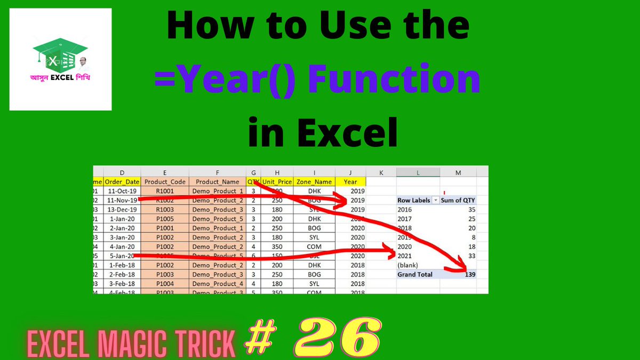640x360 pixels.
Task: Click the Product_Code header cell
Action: point(164,181)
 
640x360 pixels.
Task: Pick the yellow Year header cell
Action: point(351,181)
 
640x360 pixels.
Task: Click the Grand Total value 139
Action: point(469,274)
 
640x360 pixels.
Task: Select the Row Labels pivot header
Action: point(414,201)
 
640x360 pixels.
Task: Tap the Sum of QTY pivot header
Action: point(458,201)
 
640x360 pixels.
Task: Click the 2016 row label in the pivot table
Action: point(405,210)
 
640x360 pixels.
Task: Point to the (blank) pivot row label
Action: point(409,265)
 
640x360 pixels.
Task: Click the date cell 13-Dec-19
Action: point(122,210)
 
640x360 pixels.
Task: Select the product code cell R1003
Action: point(164,210)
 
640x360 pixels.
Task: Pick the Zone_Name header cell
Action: point(315,181)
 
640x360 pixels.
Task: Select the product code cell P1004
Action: point(164,283)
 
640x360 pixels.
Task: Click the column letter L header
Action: point(418,172)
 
